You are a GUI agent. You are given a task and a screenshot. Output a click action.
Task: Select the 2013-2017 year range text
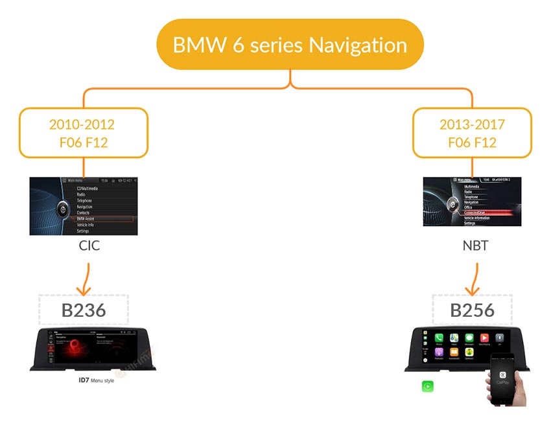(472, 124)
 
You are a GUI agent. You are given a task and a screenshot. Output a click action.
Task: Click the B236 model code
(84, 310)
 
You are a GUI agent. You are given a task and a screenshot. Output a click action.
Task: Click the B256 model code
(472, 310)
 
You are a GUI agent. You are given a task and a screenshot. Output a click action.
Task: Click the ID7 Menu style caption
(92, 380)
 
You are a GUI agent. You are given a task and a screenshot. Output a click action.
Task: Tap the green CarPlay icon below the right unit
(427, 386)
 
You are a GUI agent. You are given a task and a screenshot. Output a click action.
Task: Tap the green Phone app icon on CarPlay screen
(439, 338)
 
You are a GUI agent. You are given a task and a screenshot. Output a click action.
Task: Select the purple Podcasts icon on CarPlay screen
(439, 353)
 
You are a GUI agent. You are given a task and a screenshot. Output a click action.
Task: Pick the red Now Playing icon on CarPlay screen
(484, 338)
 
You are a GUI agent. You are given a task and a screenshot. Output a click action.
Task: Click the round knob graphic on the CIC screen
(62, 209)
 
